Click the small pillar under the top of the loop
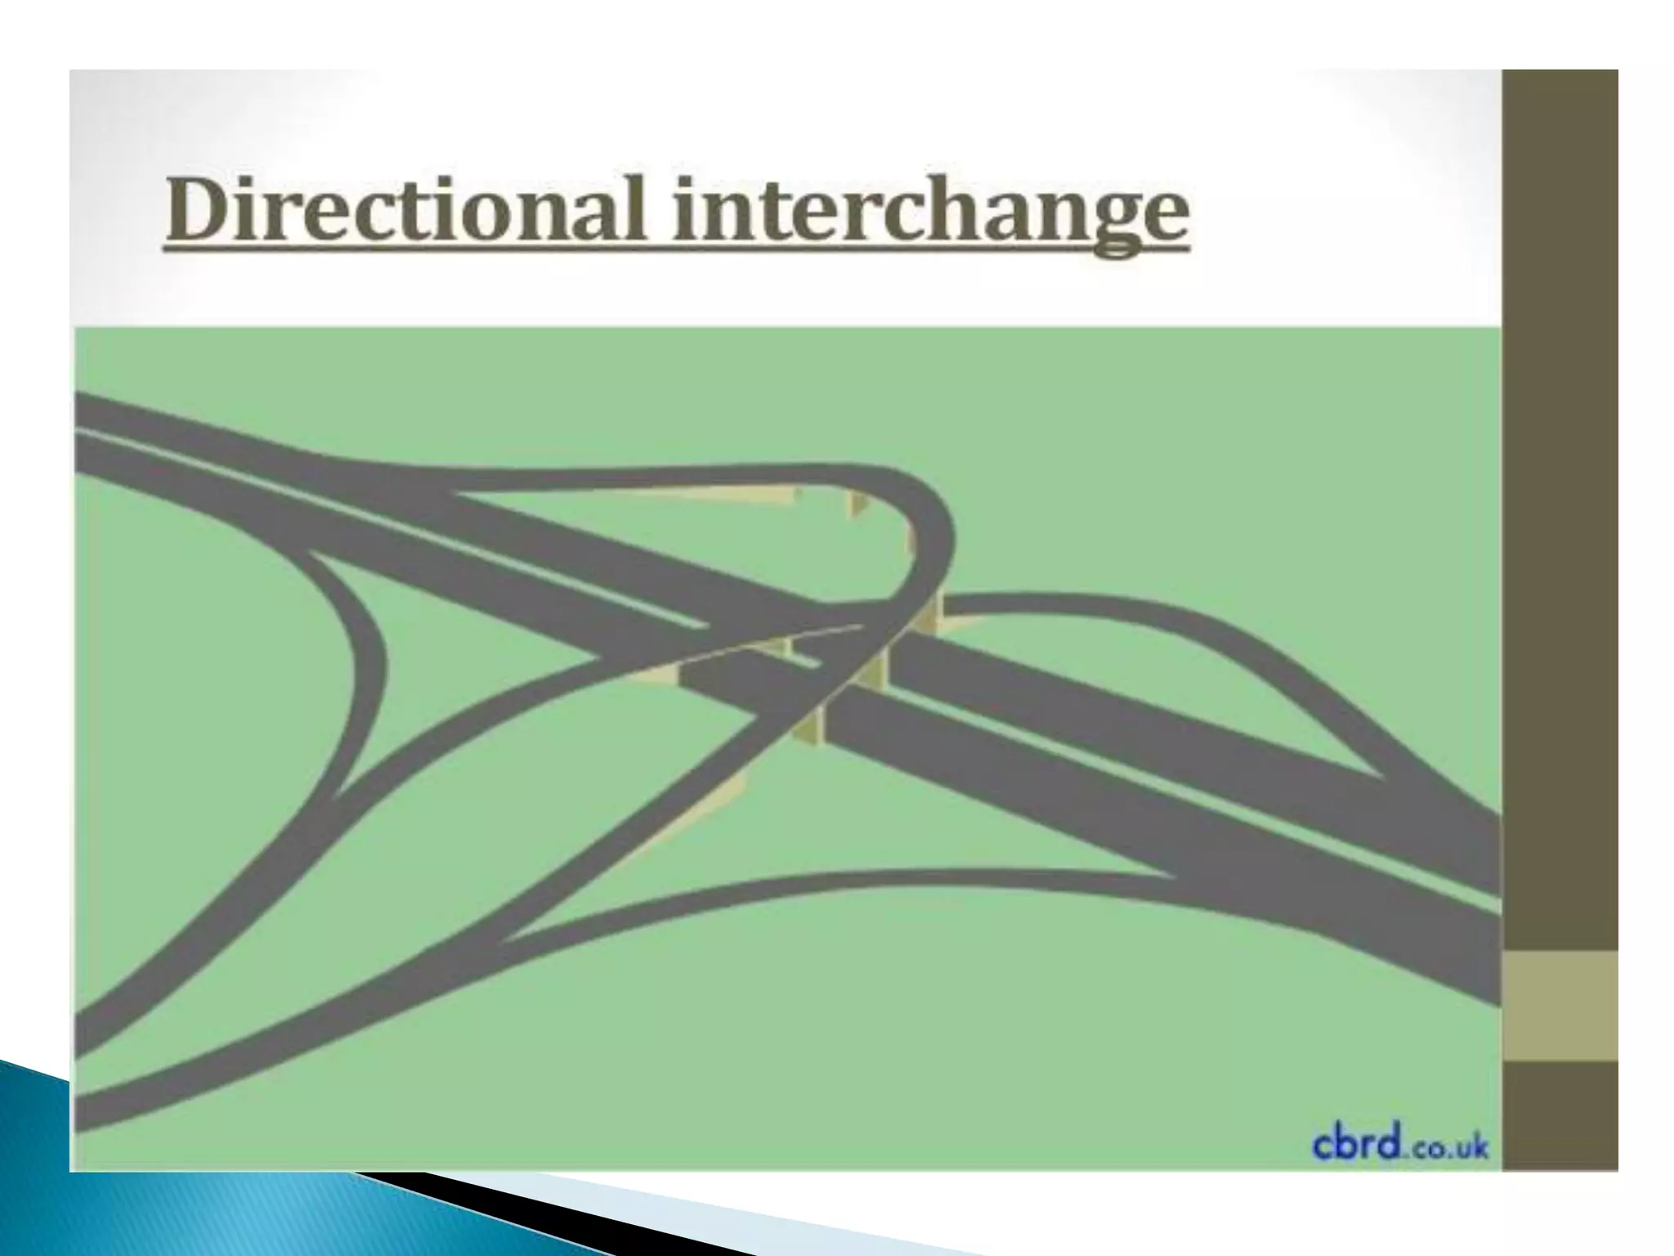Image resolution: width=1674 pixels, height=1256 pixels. pyautogui.click(x=857, y=503)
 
